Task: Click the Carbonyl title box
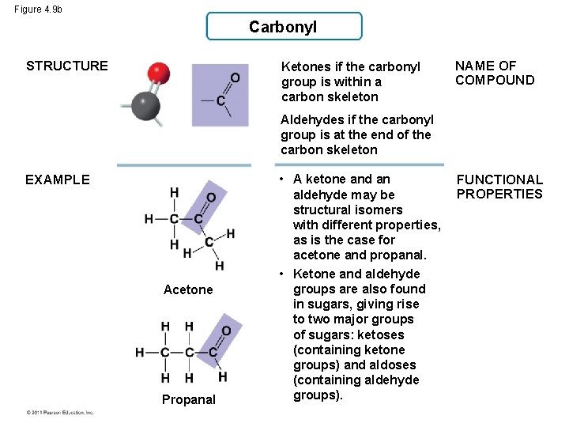[x=284, y=27]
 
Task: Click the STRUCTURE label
[x=67, y=66]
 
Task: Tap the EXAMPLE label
[x=58, y=179]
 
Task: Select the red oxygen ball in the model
[x=160, y=74]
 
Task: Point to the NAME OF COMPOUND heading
[x=495, y=73]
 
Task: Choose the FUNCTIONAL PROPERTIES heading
[x=499, y=187]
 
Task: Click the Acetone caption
[x=188, y=289]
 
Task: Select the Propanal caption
[x=188, y=399]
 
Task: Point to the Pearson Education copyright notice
[x=59, y=413]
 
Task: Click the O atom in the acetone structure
[x=211, y=198]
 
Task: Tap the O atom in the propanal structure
[x=226, y=331]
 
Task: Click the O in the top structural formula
[x=235, y=77]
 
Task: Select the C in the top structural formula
[x=220, y=101]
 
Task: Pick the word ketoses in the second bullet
[x=380, y=334]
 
